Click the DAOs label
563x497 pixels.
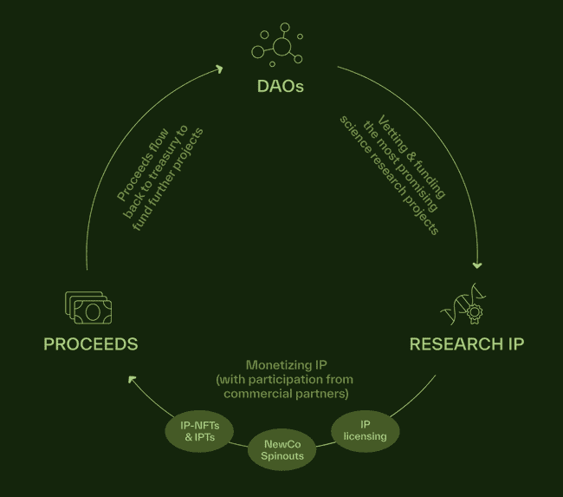(281, 87)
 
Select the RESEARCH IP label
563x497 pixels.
(466, 344)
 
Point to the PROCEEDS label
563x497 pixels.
(91, 344)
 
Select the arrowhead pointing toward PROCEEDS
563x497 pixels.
(130, 377)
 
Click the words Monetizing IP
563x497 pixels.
(286, 365)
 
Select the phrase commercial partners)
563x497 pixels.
(286, 394)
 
